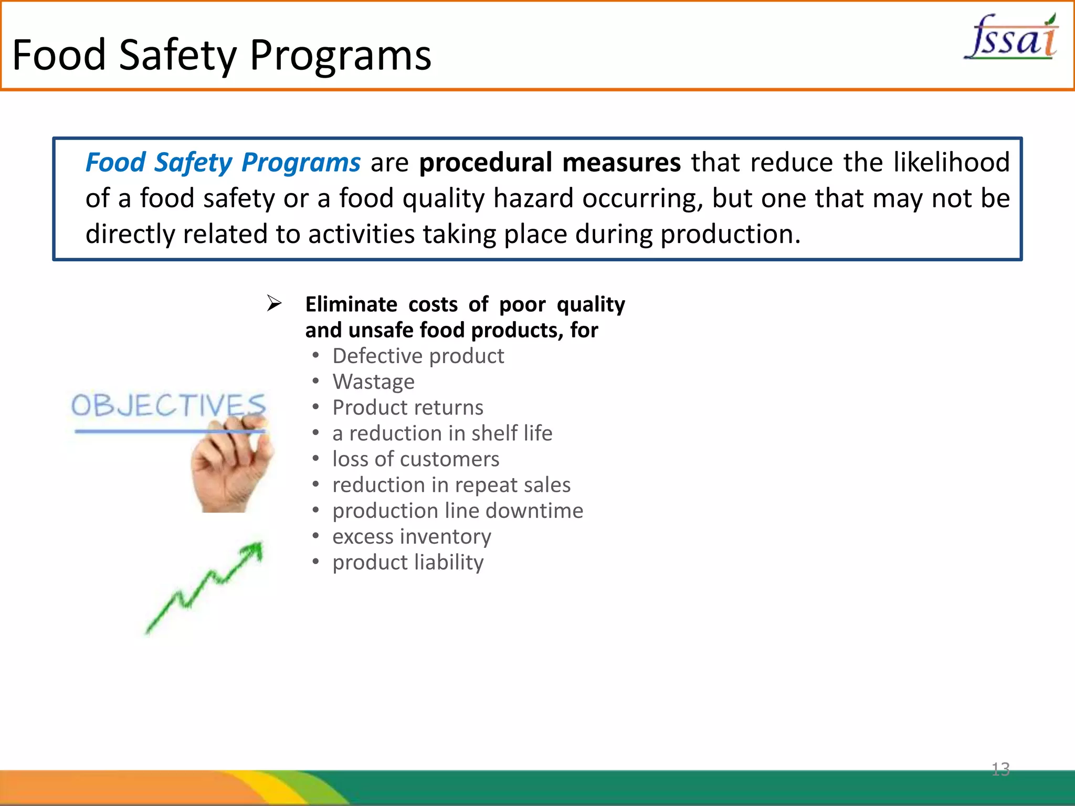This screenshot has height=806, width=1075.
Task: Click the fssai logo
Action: [x=1011, y=38]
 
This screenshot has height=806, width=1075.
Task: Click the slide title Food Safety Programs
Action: [x=222, y=55]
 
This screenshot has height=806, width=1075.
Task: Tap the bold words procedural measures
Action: [x=550, y=163]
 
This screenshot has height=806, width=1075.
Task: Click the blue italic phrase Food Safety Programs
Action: [x=223, y=163]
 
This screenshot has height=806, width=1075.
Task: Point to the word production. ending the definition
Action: [x=730, y=235]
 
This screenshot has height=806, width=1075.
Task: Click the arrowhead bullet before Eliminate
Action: [x=274, y=303]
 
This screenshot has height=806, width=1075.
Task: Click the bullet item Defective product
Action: [x=418, y=356]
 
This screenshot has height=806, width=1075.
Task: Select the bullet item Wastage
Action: [x=373, y=382]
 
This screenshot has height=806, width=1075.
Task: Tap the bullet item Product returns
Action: [x=408, y=408]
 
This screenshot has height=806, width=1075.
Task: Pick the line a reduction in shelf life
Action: [x=442, y=433]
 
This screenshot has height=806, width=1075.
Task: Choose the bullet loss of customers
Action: [x=416, y=459]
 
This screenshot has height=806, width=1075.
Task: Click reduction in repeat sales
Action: [x=451, y=485]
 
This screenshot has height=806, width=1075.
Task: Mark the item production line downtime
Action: [x=458, y=511]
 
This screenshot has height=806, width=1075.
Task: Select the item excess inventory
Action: [x=412, y=536]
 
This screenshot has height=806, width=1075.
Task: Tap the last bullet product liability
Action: [x=408, y=563]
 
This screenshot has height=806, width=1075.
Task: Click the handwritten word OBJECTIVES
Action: [x=168, y=406]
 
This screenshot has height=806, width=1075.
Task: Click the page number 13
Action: [x=1000, y=769]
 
